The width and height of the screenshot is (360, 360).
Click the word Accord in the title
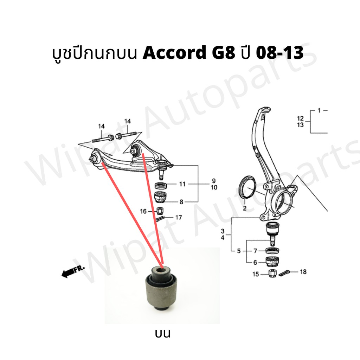coord(174,53)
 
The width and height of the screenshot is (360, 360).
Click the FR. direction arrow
coord(73,272)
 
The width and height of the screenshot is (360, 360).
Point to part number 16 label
coord(143,211)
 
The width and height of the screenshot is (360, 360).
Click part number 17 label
coord(179,217)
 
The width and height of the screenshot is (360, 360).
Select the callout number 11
coord(182,184)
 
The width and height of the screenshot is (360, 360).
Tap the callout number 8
coord(181,202)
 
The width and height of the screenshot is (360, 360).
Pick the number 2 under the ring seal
coord(245,208)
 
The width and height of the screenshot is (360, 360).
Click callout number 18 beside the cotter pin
coord(303,272)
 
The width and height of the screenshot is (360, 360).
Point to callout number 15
coord(256,274)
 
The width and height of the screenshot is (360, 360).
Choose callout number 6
coord(255,262)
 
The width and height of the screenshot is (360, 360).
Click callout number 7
coord(255,251)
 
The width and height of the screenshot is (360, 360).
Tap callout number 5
coord(239,251)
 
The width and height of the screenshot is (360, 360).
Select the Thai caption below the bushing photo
coord(163,333)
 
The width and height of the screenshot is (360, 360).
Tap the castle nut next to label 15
coord(272,273)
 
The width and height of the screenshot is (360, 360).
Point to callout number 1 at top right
coord(319,111)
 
